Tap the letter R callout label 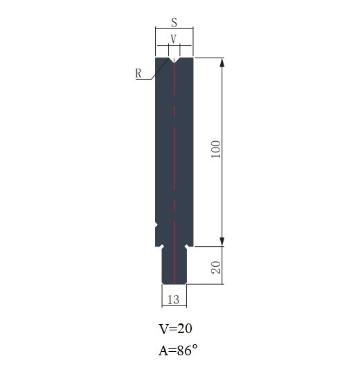click(138, 73)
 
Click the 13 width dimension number click(174, 299)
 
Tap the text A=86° click(178, 350)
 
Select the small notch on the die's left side click(157, 225)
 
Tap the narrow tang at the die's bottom click(174, 267)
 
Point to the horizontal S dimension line click(174, 29)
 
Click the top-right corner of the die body click(192, 57)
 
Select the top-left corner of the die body click(156, 57)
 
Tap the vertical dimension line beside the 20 click(223, 265)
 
